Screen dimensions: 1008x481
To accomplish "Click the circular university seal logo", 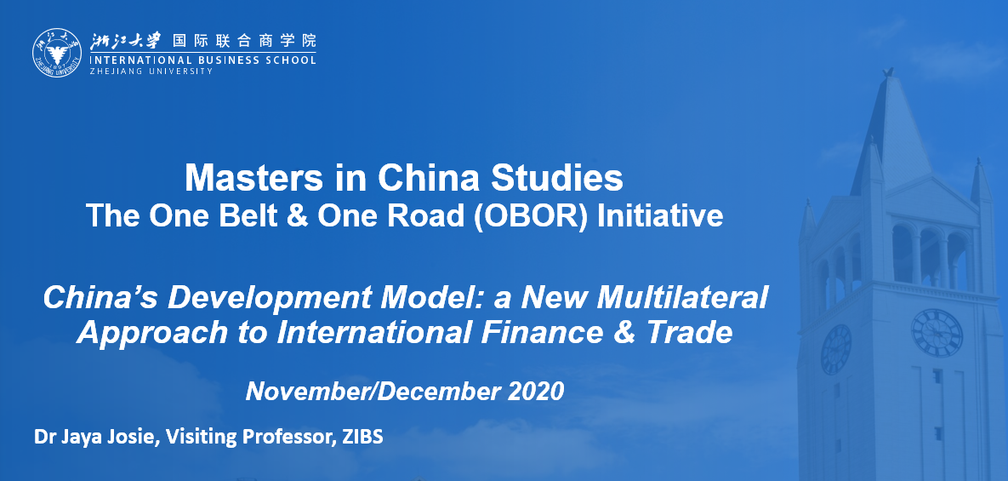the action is tap(57, 53).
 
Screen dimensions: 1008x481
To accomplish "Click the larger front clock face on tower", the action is tap(937, 333).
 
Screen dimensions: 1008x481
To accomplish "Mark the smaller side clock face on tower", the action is tap(835, 349).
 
